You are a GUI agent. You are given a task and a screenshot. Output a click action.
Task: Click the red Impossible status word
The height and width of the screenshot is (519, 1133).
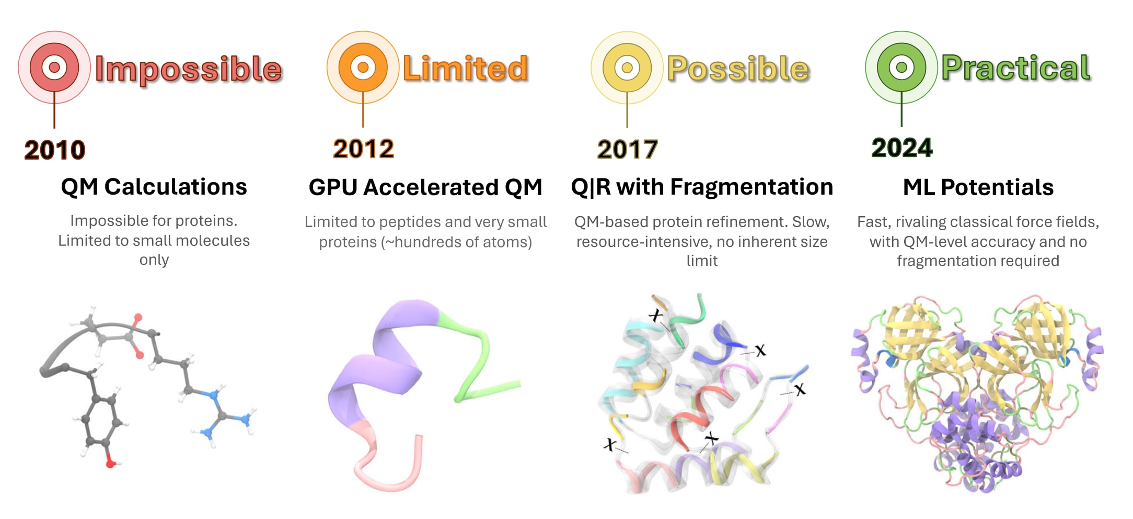189,70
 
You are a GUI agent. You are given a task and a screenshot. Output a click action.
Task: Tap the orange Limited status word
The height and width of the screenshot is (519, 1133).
466,69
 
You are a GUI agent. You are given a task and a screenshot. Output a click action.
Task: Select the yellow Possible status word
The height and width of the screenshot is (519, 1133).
738,69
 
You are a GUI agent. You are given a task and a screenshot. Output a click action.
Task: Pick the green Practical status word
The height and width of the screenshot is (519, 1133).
1016,68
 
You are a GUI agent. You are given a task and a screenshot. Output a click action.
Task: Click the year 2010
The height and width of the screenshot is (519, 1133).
55,150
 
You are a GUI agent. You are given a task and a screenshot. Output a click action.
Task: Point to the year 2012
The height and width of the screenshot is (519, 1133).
364,149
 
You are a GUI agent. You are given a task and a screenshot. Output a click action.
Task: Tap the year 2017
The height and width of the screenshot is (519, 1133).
628,150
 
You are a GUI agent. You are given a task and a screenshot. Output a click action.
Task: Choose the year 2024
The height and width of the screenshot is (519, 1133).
902,148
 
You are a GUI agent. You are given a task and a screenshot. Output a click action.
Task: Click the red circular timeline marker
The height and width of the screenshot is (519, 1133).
54,67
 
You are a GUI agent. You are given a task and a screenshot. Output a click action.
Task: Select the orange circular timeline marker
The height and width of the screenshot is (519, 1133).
363,67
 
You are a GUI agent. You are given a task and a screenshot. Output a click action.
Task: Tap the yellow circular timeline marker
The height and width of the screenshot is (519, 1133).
627,67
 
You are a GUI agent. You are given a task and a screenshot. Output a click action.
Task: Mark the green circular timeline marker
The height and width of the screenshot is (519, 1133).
901,67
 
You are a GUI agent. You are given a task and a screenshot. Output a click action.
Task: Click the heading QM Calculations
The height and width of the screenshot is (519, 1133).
154,187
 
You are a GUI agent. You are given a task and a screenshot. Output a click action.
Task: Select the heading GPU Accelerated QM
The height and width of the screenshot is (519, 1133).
425,187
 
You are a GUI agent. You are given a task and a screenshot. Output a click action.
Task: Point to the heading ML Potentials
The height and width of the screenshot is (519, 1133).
978,187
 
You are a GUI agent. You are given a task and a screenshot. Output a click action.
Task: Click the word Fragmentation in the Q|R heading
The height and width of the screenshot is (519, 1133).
752,187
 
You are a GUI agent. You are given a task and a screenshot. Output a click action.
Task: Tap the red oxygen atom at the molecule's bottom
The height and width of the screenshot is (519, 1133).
110,463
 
